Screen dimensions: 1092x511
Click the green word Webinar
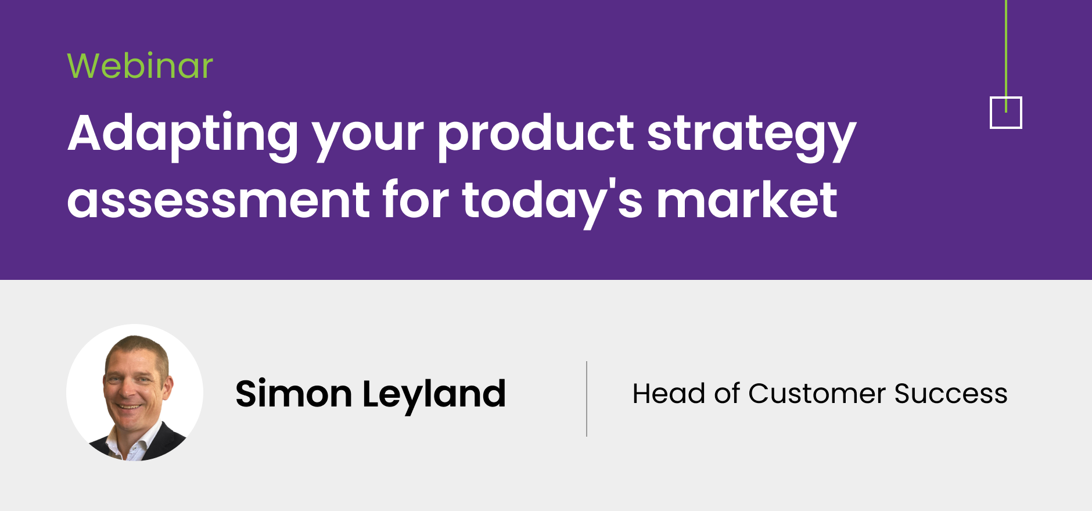tap(140, 65)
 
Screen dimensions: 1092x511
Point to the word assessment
tap(218, 200)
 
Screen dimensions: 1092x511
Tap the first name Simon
tap(293, 394)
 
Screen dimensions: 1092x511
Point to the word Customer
tap(817, 393)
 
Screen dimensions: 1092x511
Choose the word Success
tap(951, 393)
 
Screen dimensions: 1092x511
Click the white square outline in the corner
tap(992, 113)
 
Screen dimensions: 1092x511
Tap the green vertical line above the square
tap(1006, 56)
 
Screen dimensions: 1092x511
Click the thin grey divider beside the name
tap(587, 398)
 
